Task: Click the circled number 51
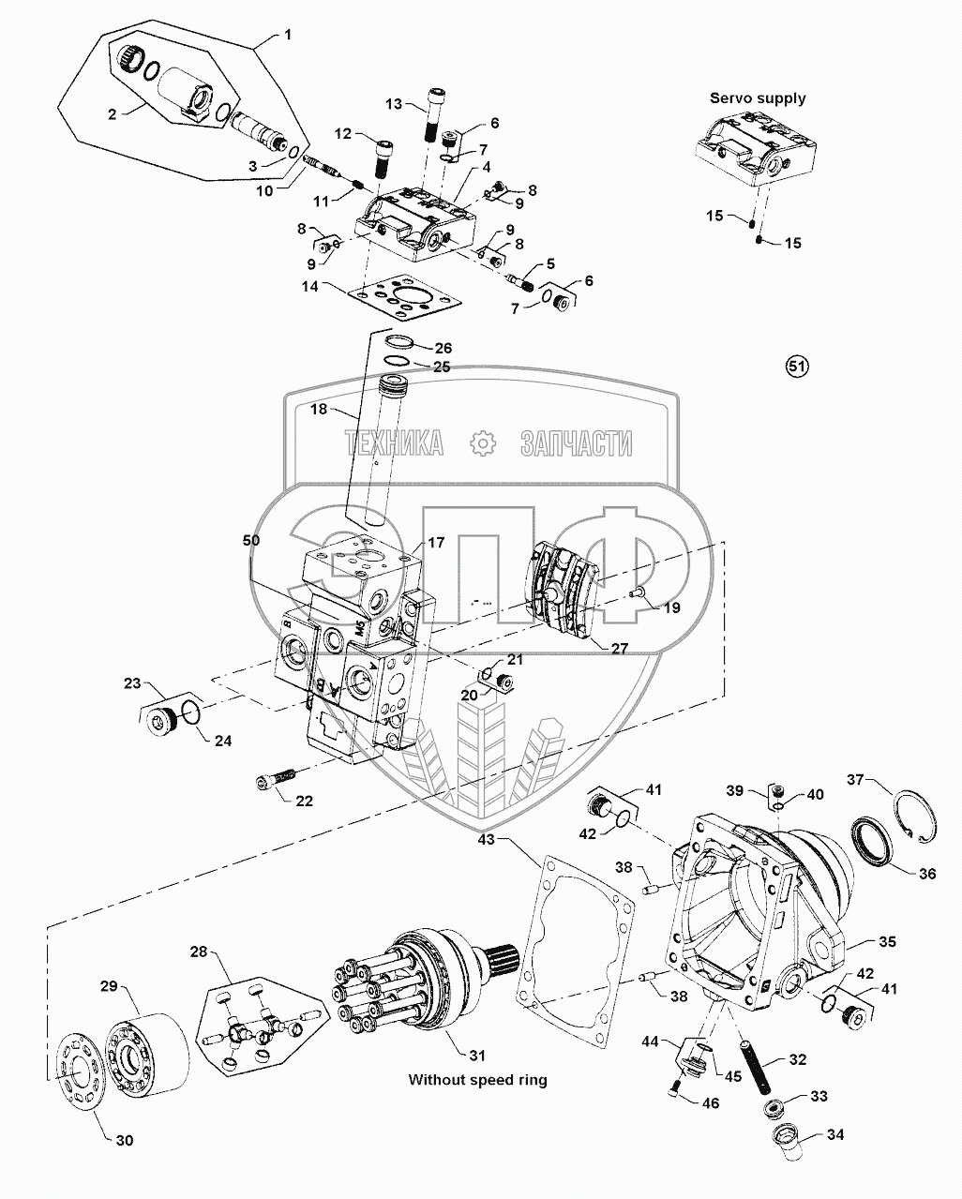[796, 366]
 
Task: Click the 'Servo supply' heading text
[758, 98]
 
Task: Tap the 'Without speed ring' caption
[477, 1080]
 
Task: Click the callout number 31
[477, 1056]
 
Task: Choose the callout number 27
[619, 648]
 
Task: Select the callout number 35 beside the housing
[887, 941]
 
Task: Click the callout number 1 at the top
[288, 35]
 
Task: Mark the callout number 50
[250, 540]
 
